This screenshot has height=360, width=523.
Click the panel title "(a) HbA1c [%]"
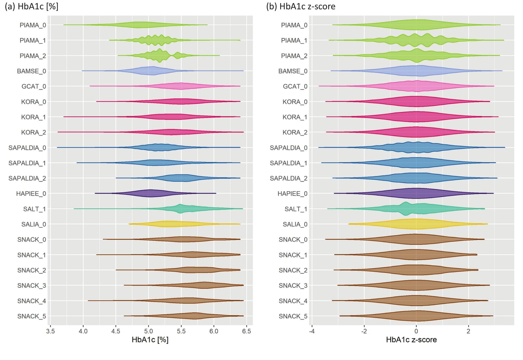click(31, 6)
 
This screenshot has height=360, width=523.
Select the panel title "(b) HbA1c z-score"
click(301, 6)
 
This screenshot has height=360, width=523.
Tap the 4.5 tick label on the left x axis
click(116, 331)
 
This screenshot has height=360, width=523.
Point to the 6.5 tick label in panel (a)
click(246, 331)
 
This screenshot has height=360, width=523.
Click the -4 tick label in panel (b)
click(312, 331)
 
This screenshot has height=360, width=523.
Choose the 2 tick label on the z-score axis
click(468, 331)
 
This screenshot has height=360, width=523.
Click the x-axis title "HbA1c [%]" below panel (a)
click(150, 340)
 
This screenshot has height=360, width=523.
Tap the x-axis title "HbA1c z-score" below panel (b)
click(412, 340)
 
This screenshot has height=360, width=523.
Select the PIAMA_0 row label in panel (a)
click(33, 25)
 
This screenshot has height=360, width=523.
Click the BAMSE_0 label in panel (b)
click(293, 71)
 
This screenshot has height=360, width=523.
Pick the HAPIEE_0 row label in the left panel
click(31, 194)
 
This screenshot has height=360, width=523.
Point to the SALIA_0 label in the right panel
click(295, 224)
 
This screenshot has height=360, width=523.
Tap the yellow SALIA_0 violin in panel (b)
click(418, 224)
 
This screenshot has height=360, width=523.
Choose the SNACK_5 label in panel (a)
click(32, 316)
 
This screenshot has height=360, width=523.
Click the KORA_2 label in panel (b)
click(295, 133)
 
